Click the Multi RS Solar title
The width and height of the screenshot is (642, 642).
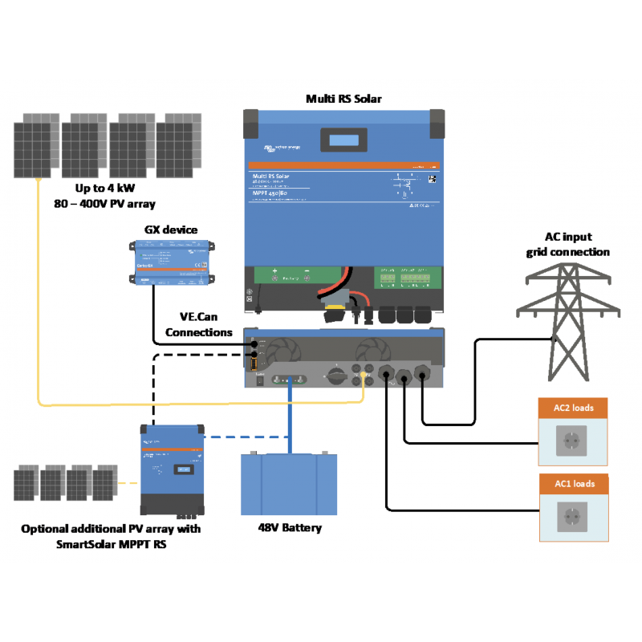[343, 99]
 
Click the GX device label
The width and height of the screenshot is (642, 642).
[170, 230]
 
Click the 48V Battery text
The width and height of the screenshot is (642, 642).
[290, 527]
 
